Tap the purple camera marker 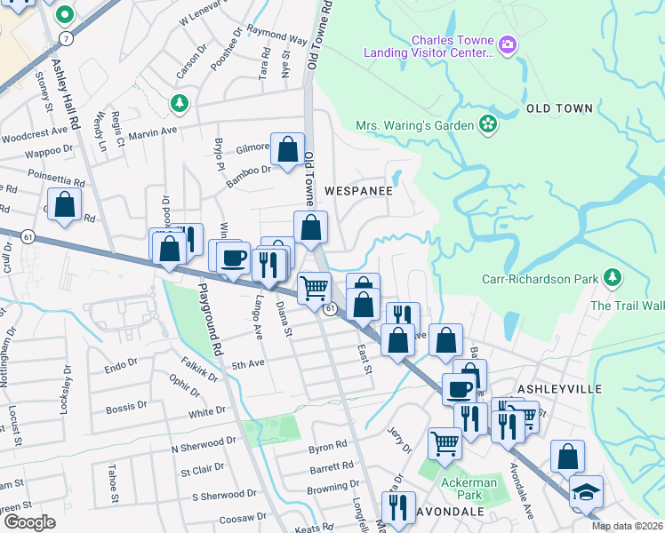click(x=508, y=43)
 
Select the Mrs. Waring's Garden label click(x=415, y=125)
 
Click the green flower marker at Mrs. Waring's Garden click(x=487, y=123)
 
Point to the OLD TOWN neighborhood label click(x=559, y=108)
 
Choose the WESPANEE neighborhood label click(x=359, y=190)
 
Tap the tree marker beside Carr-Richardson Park click(x=612, y=279)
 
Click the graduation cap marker click(x=587, y=492)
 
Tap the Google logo click(x=30, y=521)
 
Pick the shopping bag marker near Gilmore click(x=288, y=151)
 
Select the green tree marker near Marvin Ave click(x=180, y=104)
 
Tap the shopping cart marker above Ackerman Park click(x=444, y=442)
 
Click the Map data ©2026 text click(x=628, y=526)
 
